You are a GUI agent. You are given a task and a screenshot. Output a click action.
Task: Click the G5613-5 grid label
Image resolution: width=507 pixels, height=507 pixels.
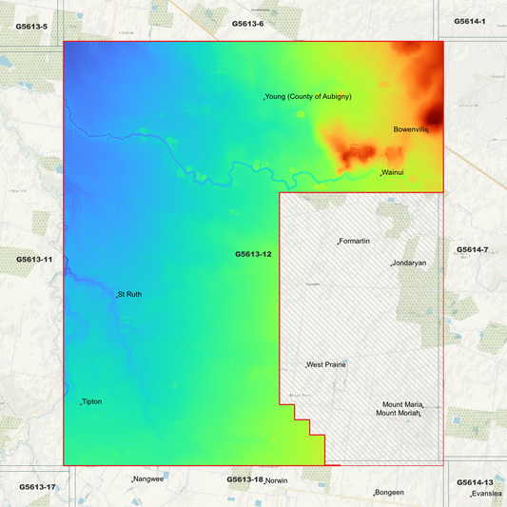coord(31,27)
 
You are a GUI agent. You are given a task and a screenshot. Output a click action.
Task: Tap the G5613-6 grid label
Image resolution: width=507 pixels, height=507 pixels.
coord(247,22)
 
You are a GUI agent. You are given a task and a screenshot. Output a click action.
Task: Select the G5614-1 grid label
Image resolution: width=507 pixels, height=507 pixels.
coord(470,21)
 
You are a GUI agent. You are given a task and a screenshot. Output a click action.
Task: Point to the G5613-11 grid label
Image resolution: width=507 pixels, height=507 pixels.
coord(34,259)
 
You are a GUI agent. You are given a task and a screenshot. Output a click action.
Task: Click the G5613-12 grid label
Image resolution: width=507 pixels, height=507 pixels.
coord(254,254)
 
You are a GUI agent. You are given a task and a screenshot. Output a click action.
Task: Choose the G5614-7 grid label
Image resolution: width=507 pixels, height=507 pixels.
coord(472,249)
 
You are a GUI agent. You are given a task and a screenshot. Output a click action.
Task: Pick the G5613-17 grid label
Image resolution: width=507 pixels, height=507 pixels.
coord(37,487)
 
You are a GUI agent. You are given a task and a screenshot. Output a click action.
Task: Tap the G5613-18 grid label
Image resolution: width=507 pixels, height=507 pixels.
coord(244,479)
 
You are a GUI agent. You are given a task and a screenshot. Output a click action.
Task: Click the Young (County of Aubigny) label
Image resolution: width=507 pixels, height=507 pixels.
coord(309,97)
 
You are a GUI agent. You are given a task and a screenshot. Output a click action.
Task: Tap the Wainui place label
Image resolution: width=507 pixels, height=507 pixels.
coord(394,172)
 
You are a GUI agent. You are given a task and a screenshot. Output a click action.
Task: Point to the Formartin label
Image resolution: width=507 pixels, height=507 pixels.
coord(355,241)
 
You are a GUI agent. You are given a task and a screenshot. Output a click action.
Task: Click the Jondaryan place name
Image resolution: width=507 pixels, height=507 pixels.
coord(409,263)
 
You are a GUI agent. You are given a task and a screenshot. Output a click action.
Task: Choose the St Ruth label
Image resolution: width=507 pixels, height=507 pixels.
coord(129,294)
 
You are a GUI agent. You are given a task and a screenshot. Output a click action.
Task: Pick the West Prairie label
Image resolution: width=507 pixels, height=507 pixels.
coord(326,364)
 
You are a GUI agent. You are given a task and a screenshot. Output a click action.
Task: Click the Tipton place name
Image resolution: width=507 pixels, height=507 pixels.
coord(92,401)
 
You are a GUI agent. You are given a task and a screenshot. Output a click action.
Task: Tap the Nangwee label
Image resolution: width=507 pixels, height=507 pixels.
coord(149,478)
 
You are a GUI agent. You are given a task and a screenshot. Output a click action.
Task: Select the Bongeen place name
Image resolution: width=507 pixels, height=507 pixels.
coord(390,492)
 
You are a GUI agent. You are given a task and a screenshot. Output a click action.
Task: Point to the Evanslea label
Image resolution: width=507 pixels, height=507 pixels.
coord(487,495)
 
